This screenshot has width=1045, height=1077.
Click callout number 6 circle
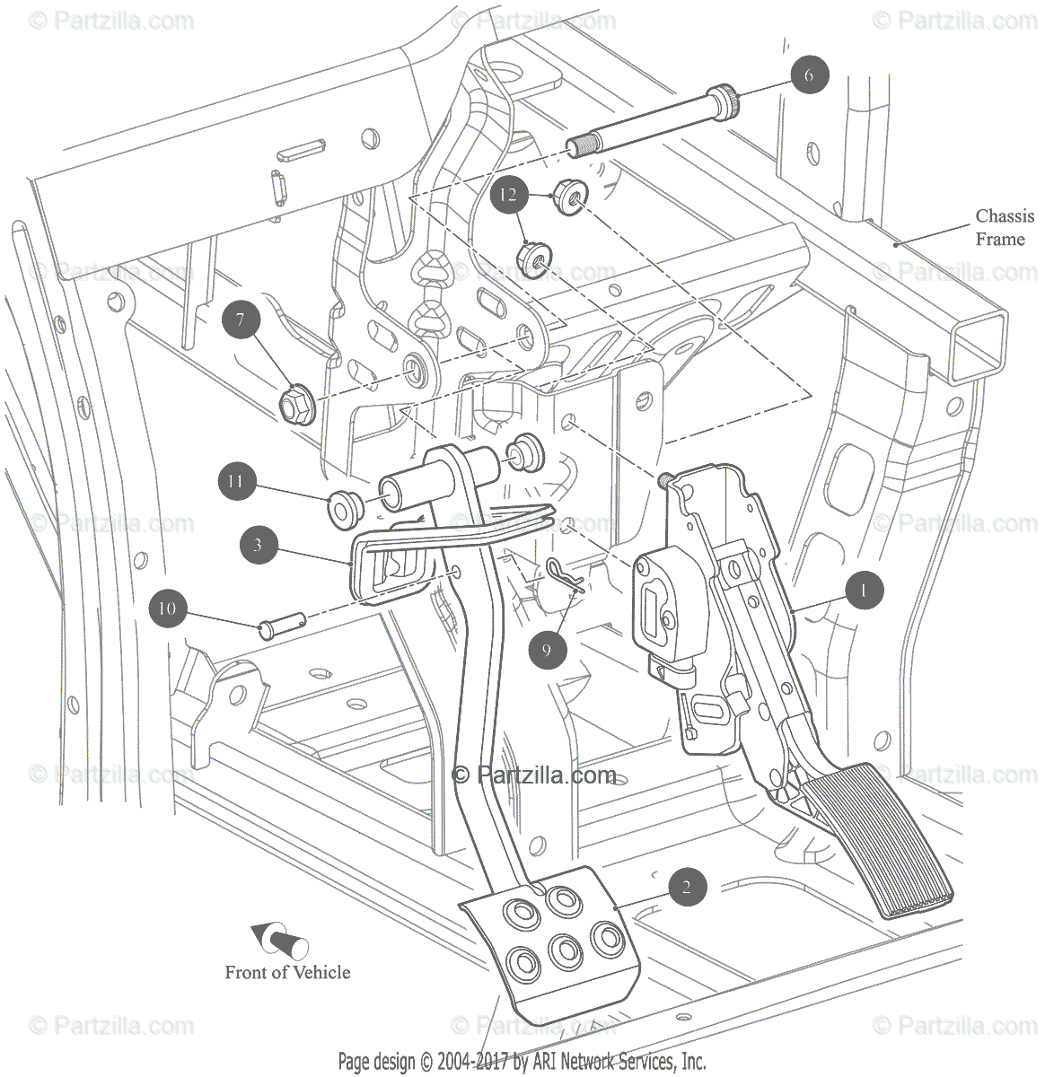(x=809, y=75)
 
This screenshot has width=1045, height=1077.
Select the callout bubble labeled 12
(x=509, y=194)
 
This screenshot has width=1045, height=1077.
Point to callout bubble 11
(x=235, y=482)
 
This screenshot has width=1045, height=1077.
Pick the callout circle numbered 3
(x=258, y=544)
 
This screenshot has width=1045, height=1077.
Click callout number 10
(x=167, y=609)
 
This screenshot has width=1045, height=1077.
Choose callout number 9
(x=547, y=649)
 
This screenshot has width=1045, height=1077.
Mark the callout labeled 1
(x=863, y=591)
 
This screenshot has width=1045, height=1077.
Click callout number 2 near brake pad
(x=687, y=889)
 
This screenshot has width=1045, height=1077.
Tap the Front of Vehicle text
(x=287, y=972)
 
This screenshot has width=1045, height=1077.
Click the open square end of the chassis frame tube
(x=976, y=346)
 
